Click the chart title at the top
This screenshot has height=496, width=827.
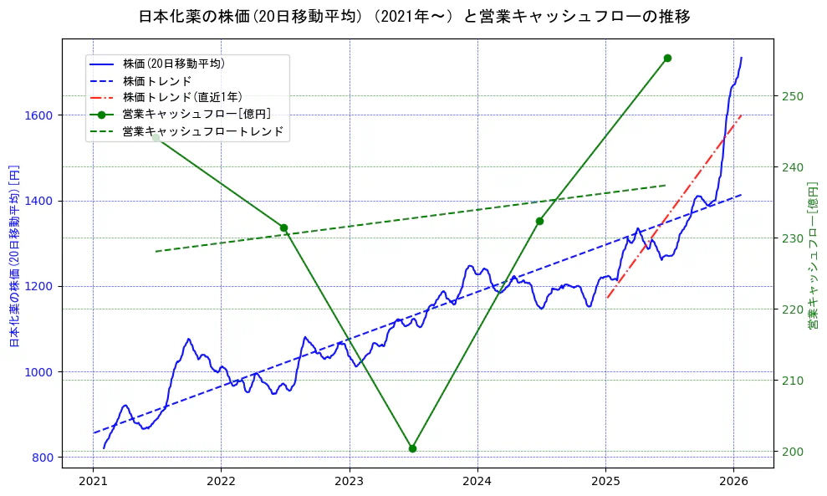(x=414, y=16)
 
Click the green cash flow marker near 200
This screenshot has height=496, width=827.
(x=412, y=448)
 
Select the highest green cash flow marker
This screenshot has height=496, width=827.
(x=667, y=58)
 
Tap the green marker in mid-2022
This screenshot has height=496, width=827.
(x=283, y=228)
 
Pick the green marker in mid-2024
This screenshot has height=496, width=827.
(x=539, y=221)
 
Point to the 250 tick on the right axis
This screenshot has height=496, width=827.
(x=794, y=96)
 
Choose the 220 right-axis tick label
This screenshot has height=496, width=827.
(x=794, y=309)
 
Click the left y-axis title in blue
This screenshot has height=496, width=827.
(x=14, y=256)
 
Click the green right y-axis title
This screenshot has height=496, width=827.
(x=812, y=256)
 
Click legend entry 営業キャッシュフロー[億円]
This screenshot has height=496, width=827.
(x=196, y=115)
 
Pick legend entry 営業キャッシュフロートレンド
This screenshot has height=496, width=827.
(x=202, y=131)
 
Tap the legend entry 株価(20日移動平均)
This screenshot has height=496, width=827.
(x=173, y=64)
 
